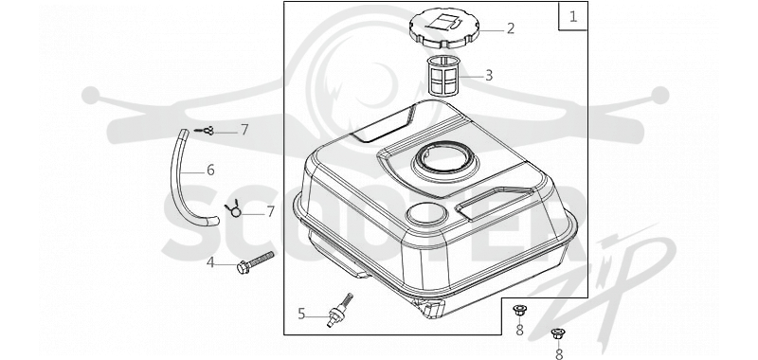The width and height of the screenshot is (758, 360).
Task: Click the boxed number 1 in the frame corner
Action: (573, 17)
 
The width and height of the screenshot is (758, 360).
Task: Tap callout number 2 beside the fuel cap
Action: (511, 28)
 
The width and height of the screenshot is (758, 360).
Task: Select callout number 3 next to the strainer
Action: (489, 76)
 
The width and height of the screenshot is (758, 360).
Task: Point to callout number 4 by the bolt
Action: (210, 262)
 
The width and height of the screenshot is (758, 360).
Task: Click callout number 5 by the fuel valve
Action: (301, 315)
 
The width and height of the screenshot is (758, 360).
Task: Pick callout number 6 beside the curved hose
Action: (210, 171)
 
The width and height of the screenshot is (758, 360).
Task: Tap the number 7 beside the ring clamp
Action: (270, 211)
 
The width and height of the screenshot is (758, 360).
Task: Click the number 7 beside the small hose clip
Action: (244, 130)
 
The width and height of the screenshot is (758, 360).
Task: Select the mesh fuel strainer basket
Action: (444, 76)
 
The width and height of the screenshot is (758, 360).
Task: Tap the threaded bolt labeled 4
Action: (255, 261)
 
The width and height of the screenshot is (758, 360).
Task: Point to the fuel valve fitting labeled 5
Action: (340, 310)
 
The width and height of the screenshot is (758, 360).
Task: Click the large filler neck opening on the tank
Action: (444, 159)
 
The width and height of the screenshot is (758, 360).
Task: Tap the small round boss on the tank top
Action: (426, 213)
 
